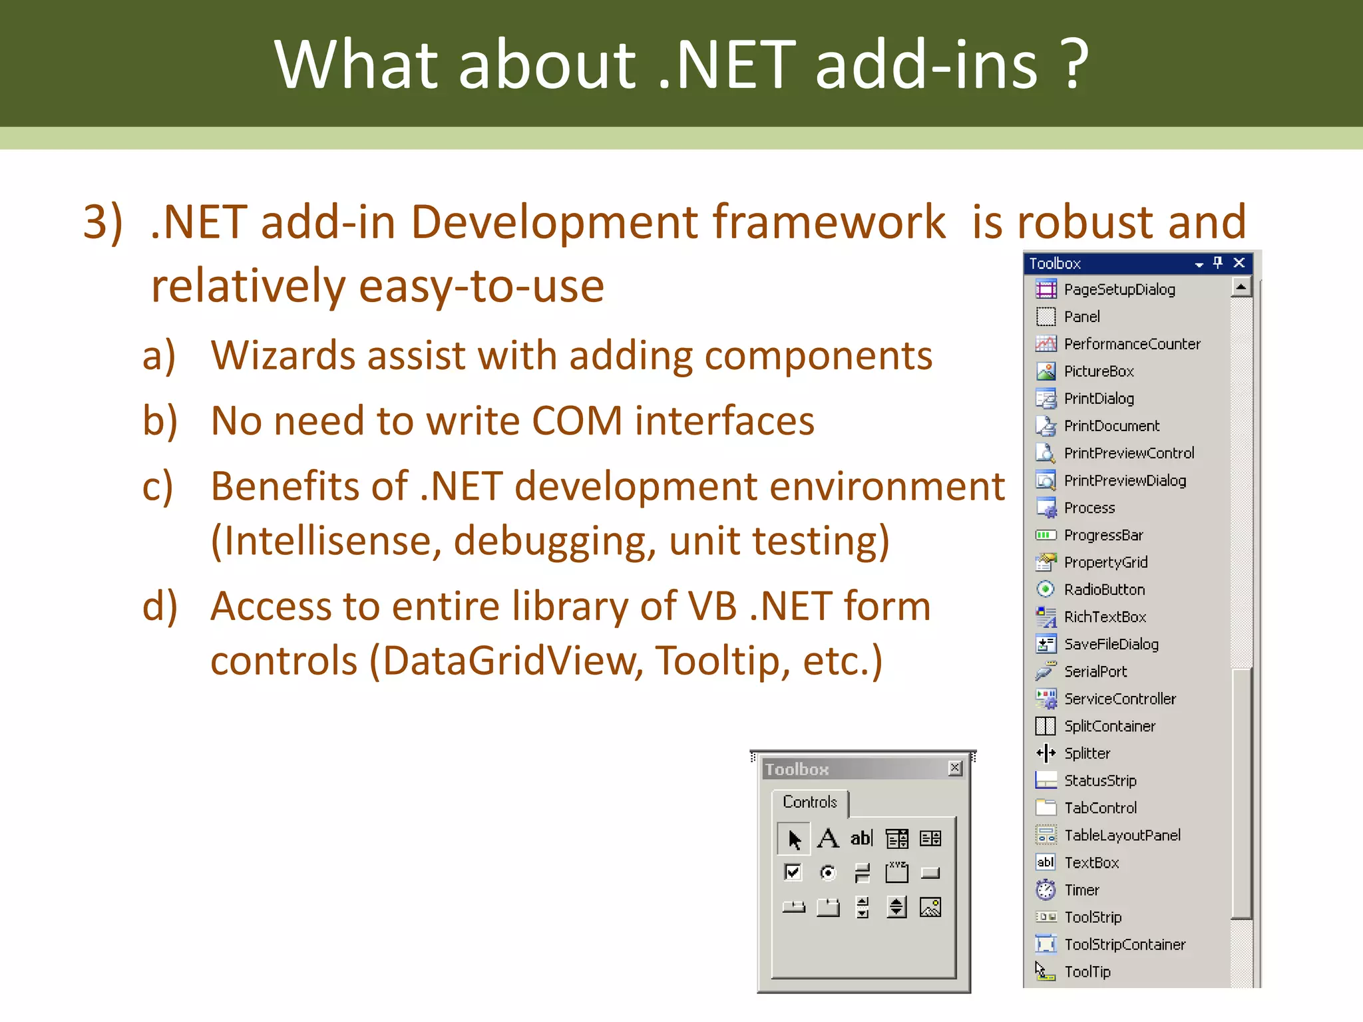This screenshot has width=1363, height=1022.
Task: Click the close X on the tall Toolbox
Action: (1239, 263)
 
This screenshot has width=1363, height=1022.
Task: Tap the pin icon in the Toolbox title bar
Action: (1218, 263)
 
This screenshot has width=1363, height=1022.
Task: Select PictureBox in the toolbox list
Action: (1098, 371)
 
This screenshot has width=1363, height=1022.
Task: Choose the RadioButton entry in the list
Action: (1103, 590)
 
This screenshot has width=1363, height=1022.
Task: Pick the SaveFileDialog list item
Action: (1110, 644)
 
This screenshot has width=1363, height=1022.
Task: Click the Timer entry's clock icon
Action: (1046, 890)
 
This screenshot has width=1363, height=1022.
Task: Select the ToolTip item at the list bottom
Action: (1087, 971)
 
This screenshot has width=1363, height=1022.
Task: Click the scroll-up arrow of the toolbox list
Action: (1241, 287)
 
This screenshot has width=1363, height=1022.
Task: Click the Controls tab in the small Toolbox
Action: (809, 802)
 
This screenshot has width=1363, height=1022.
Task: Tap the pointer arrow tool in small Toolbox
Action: (793, 838)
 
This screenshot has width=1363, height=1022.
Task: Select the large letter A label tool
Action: (828, 838)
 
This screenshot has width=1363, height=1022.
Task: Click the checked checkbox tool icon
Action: (793, 872)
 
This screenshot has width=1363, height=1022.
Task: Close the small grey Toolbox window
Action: (955, 768)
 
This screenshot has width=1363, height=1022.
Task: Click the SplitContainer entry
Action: (1109, 726)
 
